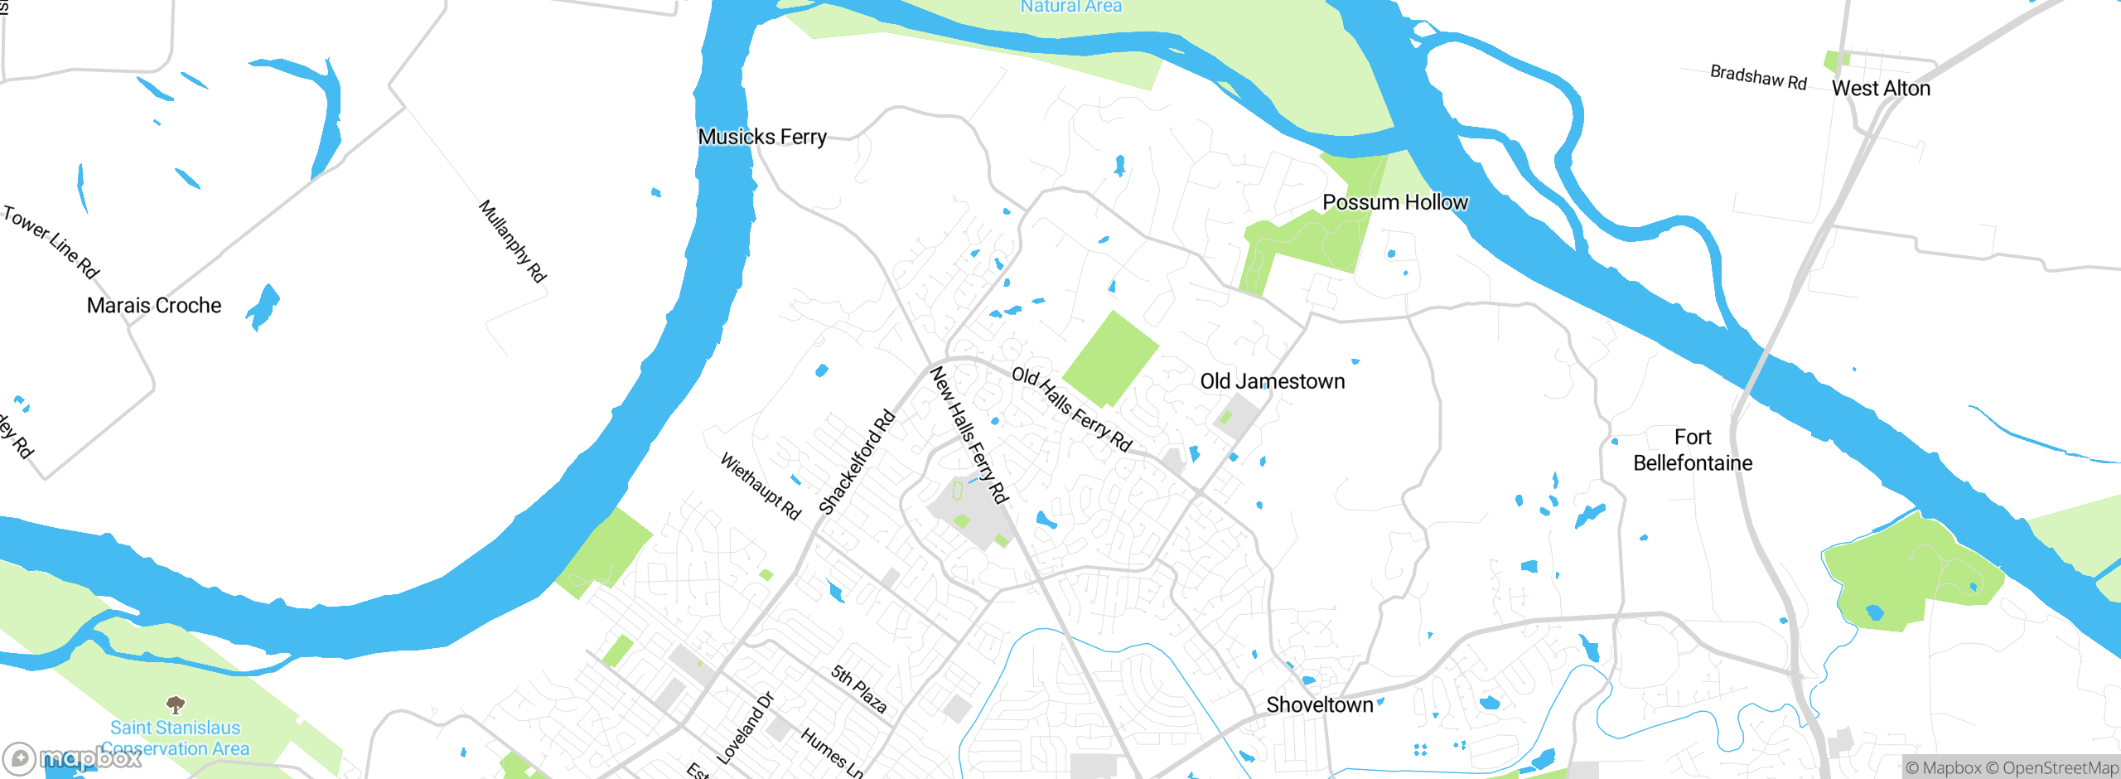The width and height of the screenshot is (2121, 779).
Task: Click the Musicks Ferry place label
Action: pos(762,137)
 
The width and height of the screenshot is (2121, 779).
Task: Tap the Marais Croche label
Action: pos(154,306)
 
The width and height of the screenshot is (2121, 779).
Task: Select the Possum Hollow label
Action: pos(1394,202)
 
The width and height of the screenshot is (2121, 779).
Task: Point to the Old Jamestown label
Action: pos(1272,381)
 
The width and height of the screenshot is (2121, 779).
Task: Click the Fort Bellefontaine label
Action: pos(1692,450)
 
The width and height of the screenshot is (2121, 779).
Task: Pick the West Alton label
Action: pos(1881,89)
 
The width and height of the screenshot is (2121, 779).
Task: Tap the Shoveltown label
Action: pos(1319,705)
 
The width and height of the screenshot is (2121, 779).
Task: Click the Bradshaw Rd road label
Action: pos(1758,78)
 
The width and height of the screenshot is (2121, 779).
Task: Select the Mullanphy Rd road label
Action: pos(513,241)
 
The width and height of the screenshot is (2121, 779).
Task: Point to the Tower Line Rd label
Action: pos(51,242)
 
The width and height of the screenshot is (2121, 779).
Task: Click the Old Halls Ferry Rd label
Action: pos(1072,409)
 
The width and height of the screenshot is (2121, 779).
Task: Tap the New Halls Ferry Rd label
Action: pos(969,435)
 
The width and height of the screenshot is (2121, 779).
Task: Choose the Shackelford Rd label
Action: pos(857,462)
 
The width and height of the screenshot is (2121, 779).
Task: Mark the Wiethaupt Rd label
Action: pos(761,486)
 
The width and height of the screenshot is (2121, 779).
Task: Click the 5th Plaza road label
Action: pos(859,689)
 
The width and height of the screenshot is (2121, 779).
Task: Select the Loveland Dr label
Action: pos(745,728)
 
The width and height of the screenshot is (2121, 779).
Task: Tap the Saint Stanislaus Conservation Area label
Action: pos(176,738)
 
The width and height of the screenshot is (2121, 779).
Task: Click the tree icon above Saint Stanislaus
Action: pos(175,704)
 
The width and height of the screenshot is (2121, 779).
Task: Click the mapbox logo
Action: pos(72,757)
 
